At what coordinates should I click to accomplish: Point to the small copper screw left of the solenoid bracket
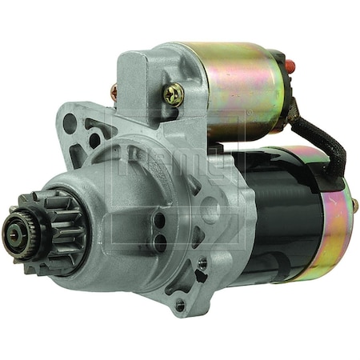114,94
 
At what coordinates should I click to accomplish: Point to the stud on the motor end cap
353,207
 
